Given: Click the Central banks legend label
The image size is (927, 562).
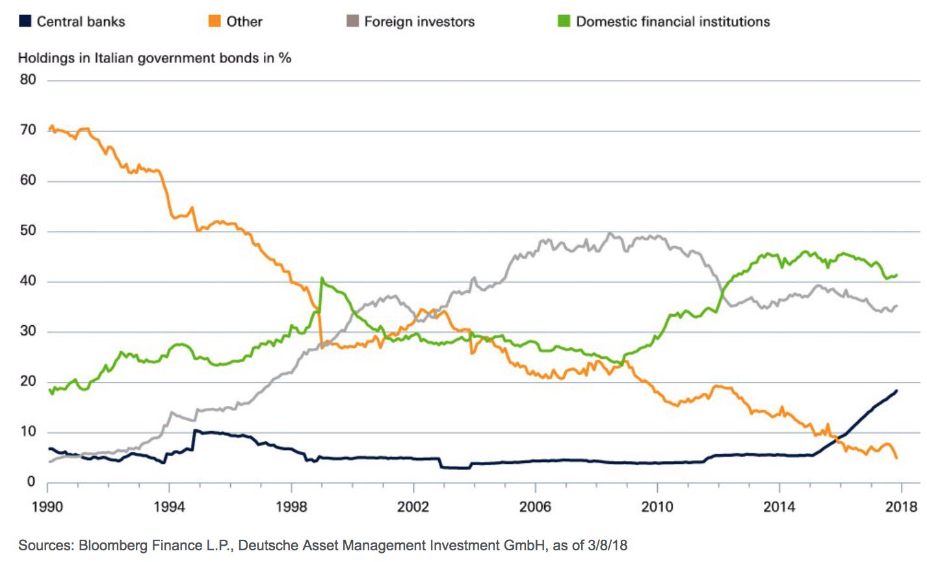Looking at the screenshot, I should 81,21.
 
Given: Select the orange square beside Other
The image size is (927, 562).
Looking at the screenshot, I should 214,21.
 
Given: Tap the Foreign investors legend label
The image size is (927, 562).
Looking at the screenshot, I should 419,21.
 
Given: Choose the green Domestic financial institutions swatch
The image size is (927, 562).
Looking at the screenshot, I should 564,21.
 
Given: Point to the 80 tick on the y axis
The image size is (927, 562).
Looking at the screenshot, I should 27,80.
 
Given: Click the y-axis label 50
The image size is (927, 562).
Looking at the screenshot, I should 27,231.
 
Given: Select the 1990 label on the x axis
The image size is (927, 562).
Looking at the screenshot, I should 47,507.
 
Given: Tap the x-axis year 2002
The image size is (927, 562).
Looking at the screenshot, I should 413,507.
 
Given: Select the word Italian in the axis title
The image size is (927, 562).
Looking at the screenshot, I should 116,58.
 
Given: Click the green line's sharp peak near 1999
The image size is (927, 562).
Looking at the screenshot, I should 322,278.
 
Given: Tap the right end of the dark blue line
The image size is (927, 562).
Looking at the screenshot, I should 897,391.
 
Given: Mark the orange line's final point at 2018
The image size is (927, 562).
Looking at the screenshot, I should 897,459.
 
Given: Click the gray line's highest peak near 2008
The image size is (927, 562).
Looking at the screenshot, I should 609,234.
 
